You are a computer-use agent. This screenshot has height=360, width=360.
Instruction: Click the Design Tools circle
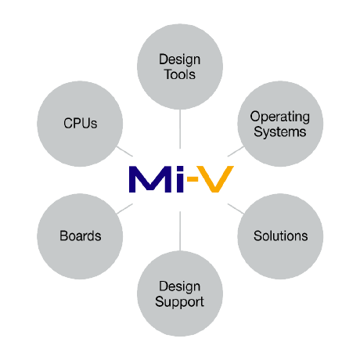pos(180,67)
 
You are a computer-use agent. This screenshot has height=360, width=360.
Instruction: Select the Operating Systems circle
pos(279,124)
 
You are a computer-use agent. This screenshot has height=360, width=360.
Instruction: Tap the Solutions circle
pos(280,236)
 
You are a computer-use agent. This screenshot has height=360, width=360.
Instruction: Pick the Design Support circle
pos(181,293)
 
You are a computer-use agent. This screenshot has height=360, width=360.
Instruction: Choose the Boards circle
pos(81,236)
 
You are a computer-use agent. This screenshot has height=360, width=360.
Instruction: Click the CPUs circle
pos(81,124)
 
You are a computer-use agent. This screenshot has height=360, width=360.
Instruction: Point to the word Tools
pos(180,75)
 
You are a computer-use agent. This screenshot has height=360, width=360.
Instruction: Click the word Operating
pos(279,117)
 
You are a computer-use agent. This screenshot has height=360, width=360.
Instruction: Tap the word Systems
pos(279,131)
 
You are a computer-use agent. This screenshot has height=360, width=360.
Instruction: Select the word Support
pos(181,301)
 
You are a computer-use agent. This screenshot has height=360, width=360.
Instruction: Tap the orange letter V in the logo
pos(213,179)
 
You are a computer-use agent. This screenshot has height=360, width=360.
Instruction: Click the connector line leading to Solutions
pos(234,209)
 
